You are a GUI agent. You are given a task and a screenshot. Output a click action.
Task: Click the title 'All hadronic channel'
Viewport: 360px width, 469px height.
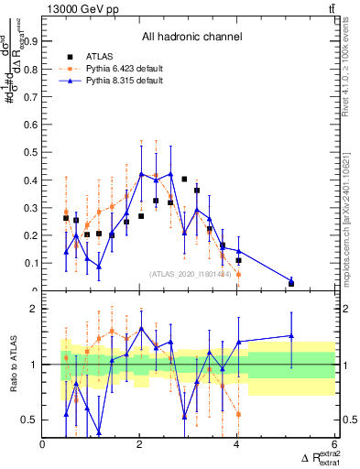coord(191,37)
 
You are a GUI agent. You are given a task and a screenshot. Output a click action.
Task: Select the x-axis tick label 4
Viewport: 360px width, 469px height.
coord(237,444)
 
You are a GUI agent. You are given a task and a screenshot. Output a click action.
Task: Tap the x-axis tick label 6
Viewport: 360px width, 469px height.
coord(333,444)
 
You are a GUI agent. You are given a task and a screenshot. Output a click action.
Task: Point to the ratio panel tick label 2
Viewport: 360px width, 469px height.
coord(35,309)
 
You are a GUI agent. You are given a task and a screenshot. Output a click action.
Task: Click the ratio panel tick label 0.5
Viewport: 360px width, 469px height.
coord(29,420)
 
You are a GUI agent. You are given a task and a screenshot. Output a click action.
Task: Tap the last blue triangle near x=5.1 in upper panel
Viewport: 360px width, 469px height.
coord(291,281)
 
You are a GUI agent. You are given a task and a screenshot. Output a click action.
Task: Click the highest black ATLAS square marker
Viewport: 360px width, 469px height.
coord(184,180)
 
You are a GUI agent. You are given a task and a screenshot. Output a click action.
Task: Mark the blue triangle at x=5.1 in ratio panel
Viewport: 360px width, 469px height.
coord(291,336)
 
